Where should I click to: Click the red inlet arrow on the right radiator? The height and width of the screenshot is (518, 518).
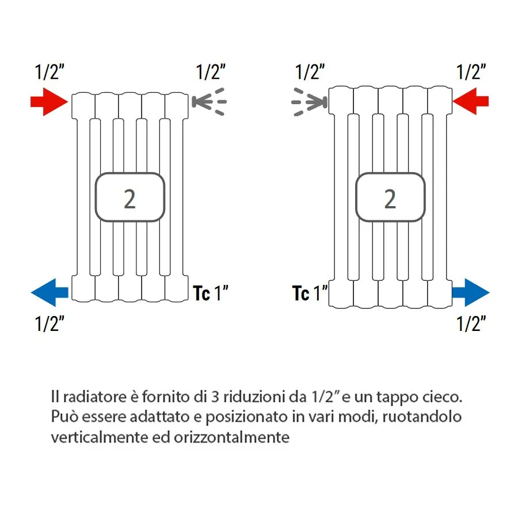470,101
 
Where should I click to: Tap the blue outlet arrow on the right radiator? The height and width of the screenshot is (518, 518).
470,292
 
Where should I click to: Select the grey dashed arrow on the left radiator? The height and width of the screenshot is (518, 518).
208,102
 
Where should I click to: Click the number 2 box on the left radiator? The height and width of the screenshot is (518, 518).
130,197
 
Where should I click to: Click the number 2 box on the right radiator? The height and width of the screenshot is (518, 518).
390,197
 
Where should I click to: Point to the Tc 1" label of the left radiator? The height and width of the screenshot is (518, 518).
211,294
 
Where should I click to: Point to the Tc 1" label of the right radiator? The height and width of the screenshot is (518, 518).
310,294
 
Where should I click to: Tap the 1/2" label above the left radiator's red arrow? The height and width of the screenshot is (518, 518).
49,73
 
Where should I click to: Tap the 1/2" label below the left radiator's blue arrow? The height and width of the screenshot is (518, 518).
49,324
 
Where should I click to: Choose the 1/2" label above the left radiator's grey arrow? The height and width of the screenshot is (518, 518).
211,73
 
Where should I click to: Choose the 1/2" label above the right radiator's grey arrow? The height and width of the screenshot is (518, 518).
310,73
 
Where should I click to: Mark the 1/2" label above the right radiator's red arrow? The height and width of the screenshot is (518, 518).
471,73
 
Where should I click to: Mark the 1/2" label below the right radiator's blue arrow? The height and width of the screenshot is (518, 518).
471,324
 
